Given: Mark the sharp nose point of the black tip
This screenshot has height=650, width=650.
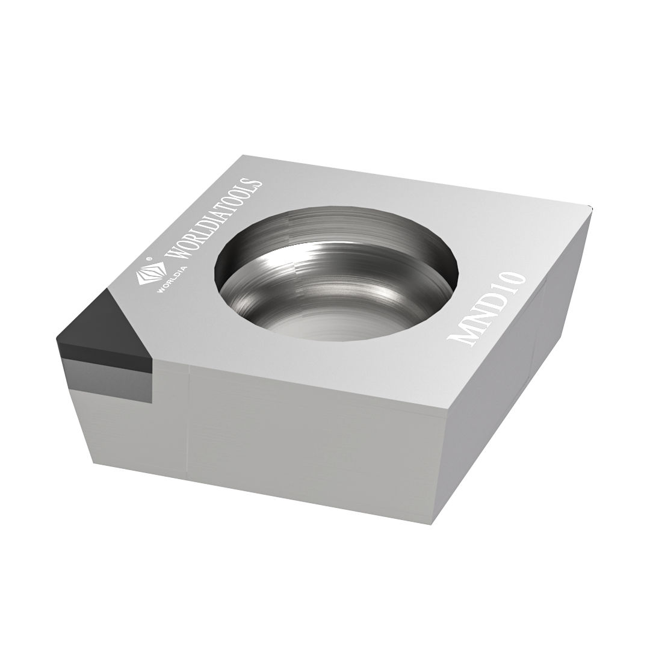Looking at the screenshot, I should click(58, 340).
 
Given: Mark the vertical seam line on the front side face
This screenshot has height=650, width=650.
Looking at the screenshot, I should click(190, 421).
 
